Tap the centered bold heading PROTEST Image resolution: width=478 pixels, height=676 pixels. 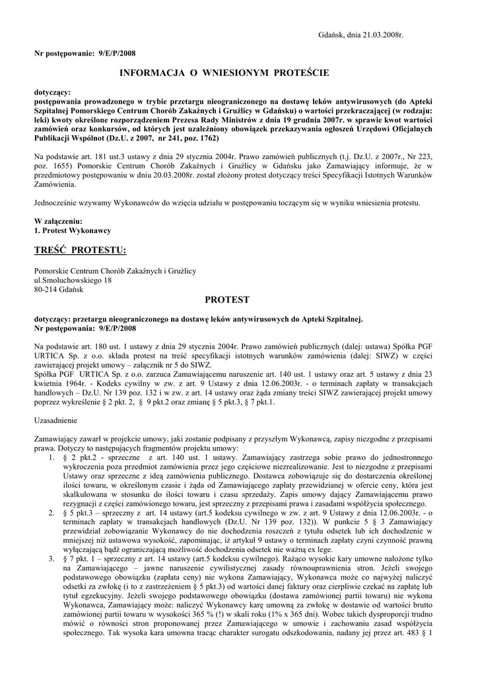228,300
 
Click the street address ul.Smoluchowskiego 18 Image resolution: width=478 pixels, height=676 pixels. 73,280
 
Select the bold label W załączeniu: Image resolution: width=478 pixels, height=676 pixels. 58,220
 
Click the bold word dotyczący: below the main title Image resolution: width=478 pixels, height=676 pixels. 52,93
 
